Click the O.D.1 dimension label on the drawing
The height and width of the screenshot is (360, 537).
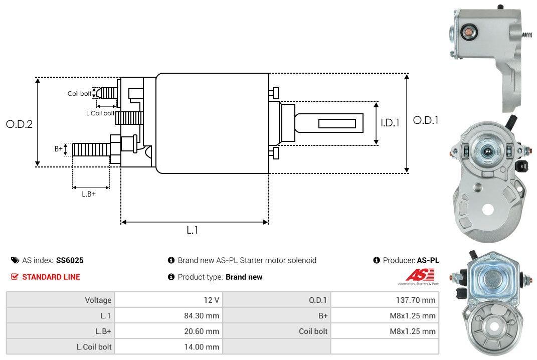point(425,120)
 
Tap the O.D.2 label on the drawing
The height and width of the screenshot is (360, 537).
point(19,124)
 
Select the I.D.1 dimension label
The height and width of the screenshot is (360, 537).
point(390,122)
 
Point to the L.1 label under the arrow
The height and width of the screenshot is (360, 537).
point(193,230)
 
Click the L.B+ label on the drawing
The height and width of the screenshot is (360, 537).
point(89,194)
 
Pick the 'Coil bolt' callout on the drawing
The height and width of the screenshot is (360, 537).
point(79,94)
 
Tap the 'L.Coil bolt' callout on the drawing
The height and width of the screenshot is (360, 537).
point(100,113)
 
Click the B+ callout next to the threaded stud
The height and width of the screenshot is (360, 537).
point(59,149)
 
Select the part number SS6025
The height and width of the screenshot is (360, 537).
point(70,260)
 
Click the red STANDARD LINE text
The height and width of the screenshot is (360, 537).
point(51,277)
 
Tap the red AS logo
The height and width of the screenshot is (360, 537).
point(416,275)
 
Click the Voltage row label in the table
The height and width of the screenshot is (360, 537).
point(98,300)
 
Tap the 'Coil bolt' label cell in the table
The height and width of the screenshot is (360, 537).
point(313,331)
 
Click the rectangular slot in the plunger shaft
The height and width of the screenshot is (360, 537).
point(337,123)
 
